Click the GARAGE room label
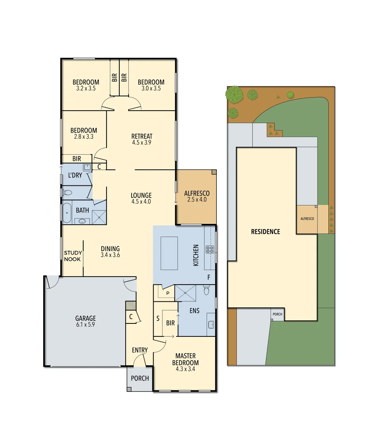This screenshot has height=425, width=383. [86, 318]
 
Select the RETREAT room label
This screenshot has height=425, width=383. [142, 137]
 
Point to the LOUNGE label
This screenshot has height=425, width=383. [141, 196]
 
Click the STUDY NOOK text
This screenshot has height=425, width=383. [73, 256]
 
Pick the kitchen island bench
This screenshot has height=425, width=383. [169, 253]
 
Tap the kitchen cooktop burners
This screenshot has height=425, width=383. [209, 249]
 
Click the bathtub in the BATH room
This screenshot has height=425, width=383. [66, 213]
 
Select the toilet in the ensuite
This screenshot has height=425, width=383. [207, 291]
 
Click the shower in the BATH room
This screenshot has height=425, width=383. [99, 216]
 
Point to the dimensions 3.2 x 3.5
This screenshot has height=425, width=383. [86, 89]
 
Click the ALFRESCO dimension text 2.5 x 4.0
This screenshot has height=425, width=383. [197, 200]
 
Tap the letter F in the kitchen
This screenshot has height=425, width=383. [209, 277]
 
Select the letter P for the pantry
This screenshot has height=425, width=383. [168, 293]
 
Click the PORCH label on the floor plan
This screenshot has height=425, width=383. [140, 378]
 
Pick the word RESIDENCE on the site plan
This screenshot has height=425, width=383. [266, 232]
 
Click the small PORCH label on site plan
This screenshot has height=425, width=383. [277, 314]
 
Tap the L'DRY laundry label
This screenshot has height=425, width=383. [75, 175]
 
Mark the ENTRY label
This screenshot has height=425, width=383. [140, 350]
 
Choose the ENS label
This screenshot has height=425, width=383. [194, 310]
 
